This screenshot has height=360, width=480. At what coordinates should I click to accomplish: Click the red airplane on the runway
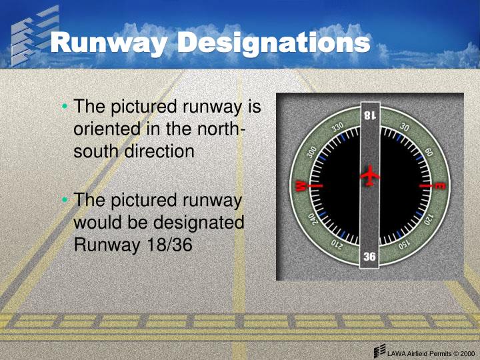[369, 177]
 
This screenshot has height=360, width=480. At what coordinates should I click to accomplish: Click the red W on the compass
[301, 185]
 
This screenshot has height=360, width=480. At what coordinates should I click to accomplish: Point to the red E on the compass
[439, 185]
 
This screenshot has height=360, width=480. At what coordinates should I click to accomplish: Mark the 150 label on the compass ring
[405, 244]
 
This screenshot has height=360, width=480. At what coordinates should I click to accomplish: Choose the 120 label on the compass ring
[429, 220]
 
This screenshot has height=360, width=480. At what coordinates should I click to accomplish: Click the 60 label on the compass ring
[428, 151]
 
